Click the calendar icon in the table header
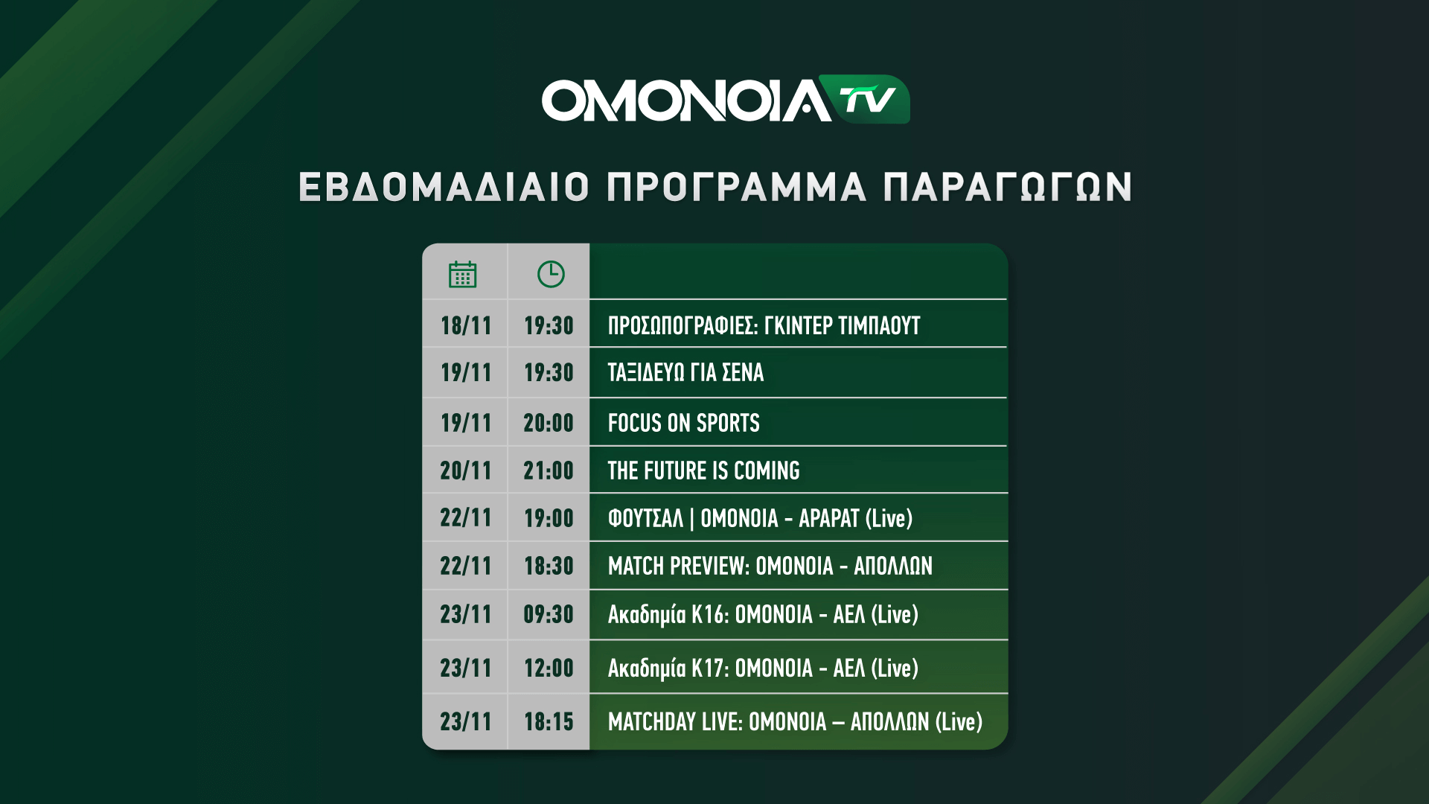point(462,274)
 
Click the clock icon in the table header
point(551,274)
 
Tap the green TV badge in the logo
point(865,99)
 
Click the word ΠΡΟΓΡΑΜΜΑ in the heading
point(737,187)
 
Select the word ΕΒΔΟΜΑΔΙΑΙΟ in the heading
point(444,187)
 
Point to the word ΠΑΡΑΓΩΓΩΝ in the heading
point(1008,187)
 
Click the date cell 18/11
point(466,325)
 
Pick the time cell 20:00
point(549,423)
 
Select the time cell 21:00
point(549,470)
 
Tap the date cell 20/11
point(466,470)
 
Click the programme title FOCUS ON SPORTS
point(683,423)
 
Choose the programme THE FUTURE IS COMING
point(703,470)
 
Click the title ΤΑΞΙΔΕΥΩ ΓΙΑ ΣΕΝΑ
point(685,372)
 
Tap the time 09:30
point(549,614)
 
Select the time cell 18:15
point(549,721)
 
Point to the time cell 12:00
point(549,668)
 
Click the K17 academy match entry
point(763,669)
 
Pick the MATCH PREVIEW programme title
point(770,566)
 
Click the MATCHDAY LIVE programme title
point(795,721)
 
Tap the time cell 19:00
point(549,518)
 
